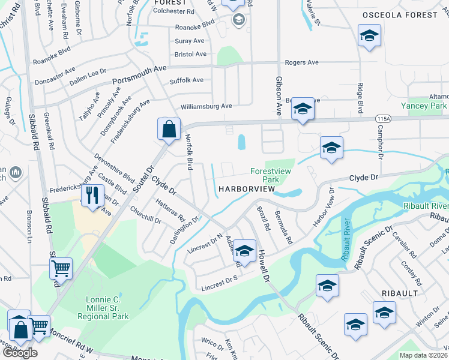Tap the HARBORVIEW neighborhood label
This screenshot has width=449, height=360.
click(246, 189)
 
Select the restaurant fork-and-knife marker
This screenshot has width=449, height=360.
click(92, 196)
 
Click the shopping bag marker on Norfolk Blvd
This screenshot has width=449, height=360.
click(169, 128)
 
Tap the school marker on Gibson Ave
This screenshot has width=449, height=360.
click(303, 109)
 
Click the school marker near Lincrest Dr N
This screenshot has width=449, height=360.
click(244, 251)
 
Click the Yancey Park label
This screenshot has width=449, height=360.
click(424, 106)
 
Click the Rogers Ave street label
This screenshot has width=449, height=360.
click(301, 62)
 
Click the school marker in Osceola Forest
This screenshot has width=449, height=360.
click(369, 35)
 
